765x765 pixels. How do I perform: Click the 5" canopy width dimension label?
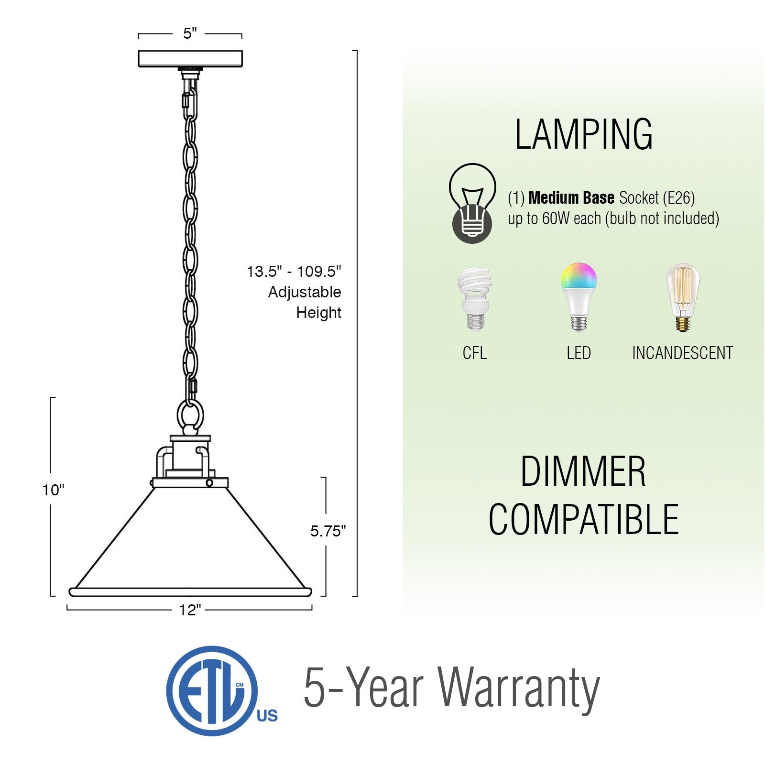tap(190, 33)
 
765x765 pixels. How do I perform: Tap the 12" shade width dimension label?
tap(190, 610)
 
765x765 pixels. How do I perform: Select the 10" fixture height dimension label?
tap(53, 490)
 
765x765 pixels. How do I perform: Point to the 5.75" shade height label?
tap(328, 531)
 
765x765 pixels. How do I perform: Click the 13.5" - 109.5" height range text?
tap(294, 272)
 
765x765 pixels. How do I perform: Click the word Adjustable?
tap(305, 292)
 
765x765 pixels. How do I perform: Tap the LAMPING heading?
tap(583, 135)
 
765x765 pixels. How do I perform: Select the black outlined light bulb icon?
tap(472, 203)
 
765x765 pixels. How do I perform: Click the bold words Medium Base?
tap(571, 198)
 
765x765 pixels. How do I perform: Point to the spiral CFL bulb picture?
tap(474, 299)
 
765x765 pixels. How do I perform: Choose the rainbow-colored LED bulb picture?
tap(579, 296)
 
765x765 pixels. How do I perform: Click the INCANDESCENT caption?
tap(682, 353)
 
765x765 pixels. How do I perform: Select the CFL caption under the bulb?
tap(474, 353)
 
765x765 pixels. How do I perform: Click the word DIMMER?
tap(583, 472)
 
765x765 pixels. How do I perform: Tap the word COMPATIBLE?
tap(583, 520)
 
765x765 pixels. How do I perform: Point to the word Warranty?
tap(518, 688)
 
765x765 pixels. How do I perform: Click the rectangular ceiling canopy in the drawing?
tap(190, 59)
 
